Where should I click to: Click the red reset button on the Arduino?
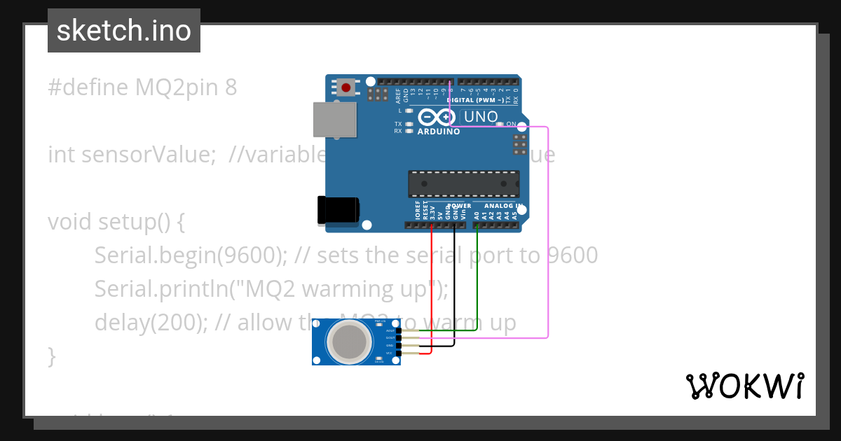(x=346, y=87)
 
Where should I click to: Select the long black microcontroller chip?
(x=464, y=183)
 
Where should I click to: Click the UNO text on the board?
(x=481, y=117)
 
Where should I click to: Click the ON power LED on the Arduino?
(x=500, y=125)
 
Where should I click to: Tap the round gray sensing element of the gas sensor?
(x=350, y=341)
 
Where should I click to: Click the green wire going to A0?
(x=477, y=280)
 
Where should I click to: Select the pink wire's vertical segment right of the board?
(x=548, y=231)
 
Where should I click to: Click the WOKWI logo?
(x=745, y=386)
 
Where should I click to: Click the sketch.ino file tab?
(x=124, y=31)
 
